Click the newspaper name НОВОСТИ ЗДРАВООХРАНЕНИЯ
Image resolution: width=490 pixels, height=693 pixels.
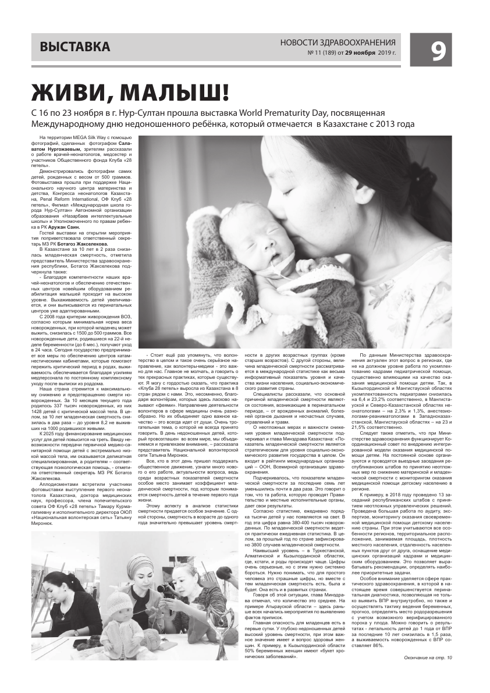338,42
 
